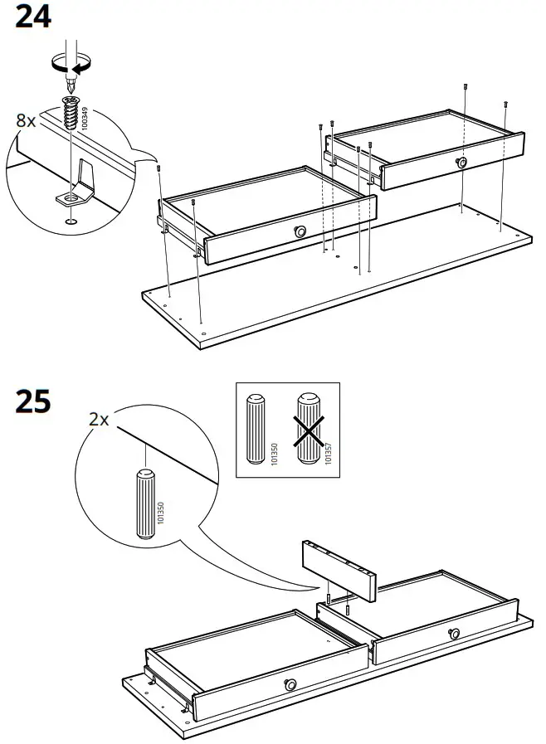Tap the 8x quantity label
click(27, 120)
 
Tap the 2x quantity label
click(99, 420)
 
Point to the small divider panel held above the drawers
click(339, 569)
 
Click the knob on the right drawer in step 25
click(454, 634)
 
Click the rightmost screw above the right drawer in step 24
click(505, 105)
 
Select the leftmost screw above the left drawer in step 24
click(158, 168)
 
